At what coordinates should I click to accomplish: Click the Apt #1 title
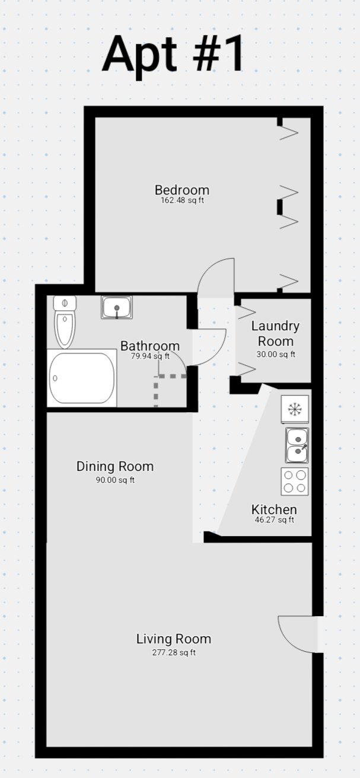pos(173,54)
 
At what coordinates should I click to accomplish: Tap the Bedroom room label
pos(182,190)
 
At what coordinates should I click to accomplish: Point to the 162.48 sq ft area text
pos(183,200)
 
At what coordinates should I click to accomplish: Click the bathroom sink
pos(116,308)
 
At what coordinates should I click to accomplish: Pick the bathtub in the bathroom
pos(82,378)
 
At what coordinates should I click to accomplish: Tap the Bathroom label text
pos(150,346)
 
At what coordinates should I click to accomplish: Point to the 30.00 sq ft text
pos(275,355)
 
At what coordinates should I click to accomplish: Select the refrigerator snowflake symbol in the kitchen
pos(294,409)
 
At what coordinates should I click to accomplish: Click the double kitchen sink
pos(297,445)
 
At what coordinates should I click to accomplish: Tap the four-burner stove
pos(295,482)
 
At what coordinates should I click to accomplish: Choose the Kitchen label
pos(274,510)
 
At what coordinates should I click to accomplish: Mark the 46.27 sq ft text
pos(274,520)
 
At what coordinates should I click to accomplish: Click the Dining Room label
pos(115,467)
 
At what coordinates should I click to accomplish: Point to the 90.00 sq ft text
pos(115,480)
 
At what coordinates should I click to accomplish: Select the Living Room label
pos(174,639)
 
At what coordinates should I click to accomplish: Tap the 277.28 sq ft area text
pos(174,653)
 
